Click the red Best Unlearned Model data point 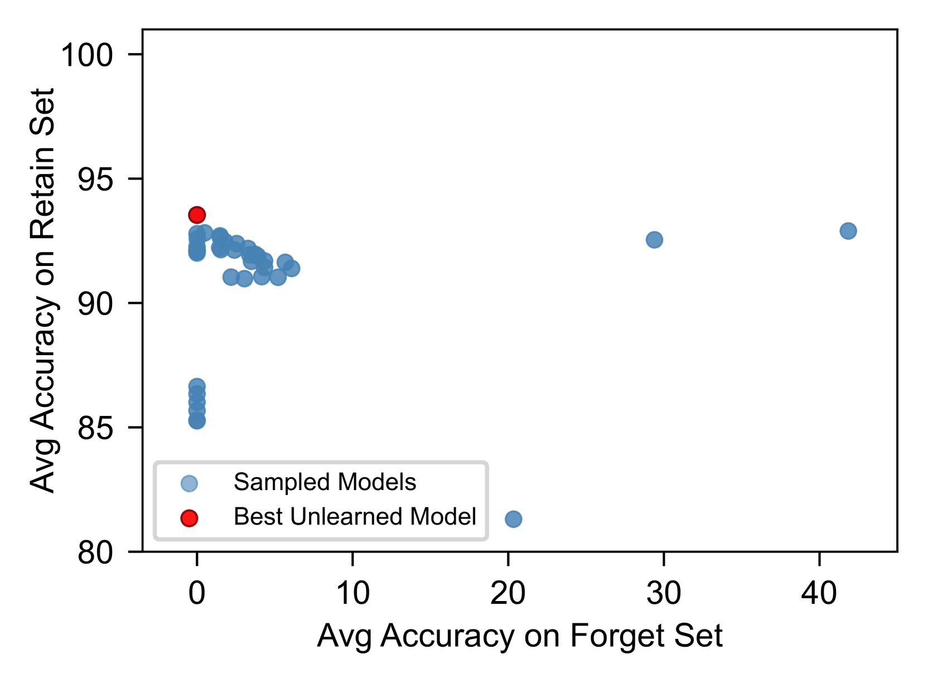coord(197,215)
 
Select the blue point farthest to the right coord(848,231)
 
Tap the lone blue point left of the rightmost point coord(654,240)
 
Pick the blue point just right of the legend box coord(513,519)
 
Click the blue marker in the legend coord(189,483)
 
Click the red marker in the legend coord(189,518)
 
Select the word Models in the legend coord(377,482)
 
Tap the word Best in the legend coord(258,517)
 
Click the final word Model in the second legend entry coord(443,517)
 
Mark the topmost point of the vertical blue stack coord(197,386)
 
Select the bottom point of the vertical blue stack coord(197,421)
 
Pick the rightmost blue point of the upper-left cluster coord(292,269)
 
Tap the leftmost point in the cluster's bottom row coord(230,277)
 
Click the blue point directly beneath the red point coord(197,234)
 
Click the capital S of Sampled coord(241,482)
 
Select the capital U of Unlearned coord(298,517)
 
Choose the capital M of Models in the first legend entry coord(348,482)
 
